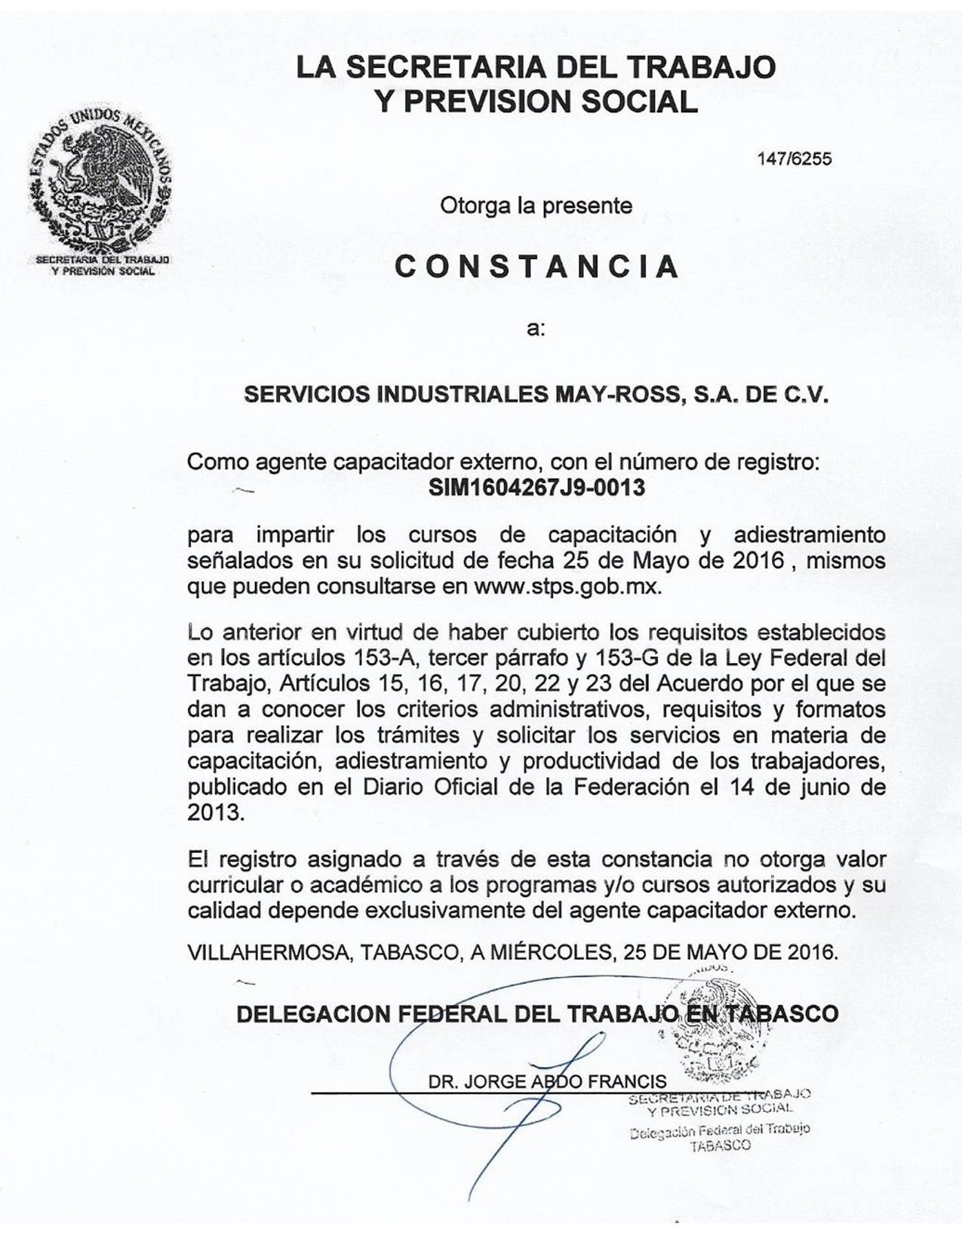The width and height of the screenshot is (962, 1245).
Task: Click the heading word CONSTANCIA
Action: (x=536, y=266)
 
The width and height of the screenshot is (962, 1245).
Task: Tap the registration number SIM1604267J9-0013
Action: (x=536, y=487)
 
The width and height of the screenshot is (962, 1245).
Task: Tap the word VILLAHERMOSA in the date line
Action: (x=268, y=951)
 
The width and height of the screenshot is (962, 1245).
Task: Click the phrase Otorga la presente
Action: (x=536, y=205)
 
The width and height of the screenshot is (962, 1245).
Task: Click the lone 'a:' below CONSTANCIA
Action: (x=536, y=330)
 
